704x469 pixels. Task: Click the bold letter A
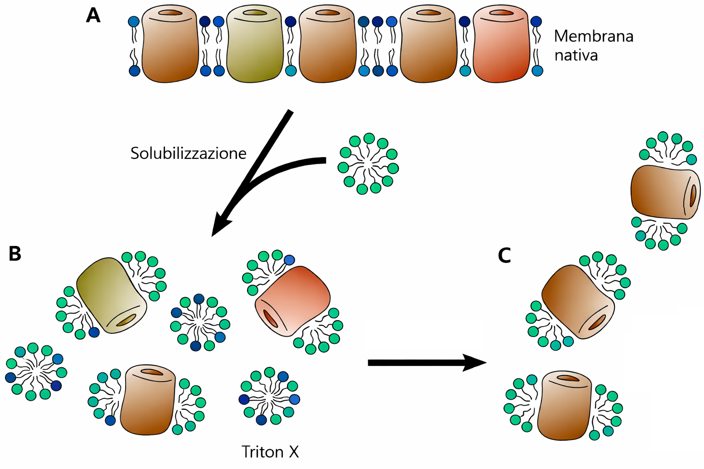(x=93, y=16)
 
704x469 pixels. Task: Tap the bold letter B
(x=15, y=253)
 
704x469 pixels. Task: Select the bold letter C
(x=504, y=256)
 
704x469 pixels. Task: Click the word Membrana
(x=594, y=36)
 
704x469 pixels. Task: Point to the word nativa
(x=576, y=55)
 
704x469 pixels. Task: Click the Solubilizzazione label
(x=188, y=153)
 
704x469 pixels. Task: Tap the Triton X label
(x=270, y=452)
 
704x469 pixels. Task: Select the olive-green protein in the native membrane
(x=255, y=44)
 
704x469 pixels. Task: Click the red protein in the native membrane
(x=501, y=44)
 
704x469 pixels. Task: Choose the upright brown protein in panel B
(x=148, y=399)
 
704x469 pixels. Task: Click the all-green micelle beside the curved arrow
(x=368, y=164)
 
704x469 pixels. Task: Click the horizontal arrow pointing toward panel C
(x=426, y=363)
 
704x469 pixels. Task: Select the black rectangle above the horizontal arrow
(x=424, y=334)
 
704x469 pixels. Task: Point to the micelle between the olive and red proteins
(x=200, y=322)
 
